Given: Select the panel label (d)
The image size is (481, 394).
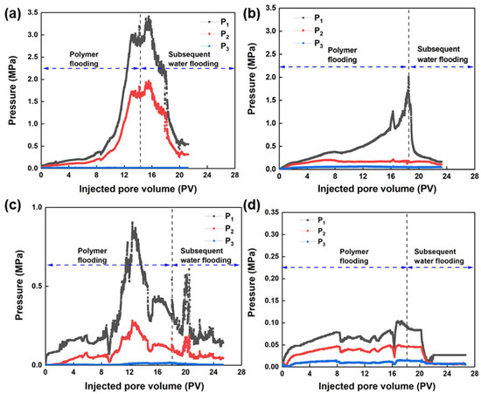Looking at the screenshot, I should coord(252,206).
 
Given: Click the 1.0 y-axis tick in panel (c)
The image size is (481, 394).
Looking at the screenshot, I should coord(32,207).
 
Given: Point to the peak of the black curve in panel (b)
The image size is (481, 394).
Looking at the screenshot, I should coord(408,76).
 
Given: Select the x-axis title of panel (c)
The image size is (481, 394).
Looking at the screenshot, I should coord(136,385).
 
